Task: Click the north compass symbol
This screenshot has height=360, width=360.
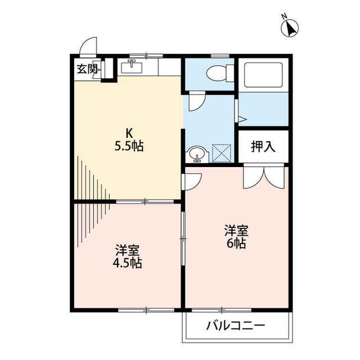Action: (291, 28)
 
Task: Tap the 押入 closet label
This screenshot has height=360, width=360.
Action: (263, 147)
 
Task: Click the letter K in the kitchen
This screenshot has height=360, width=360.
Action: (129, 133)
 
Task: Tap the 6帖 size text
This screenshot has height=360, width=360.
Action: (236, 244)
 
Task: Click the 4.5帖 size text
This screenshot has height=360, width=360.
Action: (129, 263)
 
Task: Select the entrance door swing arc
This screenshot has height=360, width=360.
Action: (88, 47)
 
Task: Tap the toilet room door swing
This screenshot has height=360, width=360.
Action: (196, 102)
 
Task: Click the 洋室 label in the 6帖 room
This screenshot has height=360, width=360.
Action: (236, 230)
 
